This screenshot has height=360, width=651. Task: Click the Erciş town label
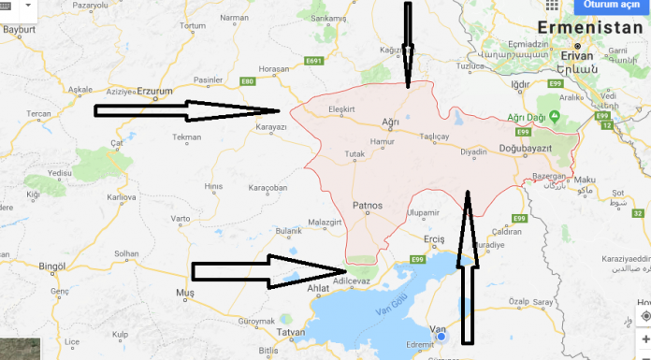pyautogui.click(x=435, y=239)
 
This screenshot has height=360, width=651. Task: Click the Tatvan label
pyautogui.click(x=292, y=333)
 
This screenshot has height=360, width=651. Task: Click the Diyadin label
pyautogui.click(x=473, y=150)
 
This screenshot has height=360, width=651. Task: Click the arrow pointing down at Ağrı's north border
pyautogui.click(x=407, y=42)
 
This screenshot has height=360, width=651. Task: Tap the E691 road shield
pyautogui.click(x=314, y=62)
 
